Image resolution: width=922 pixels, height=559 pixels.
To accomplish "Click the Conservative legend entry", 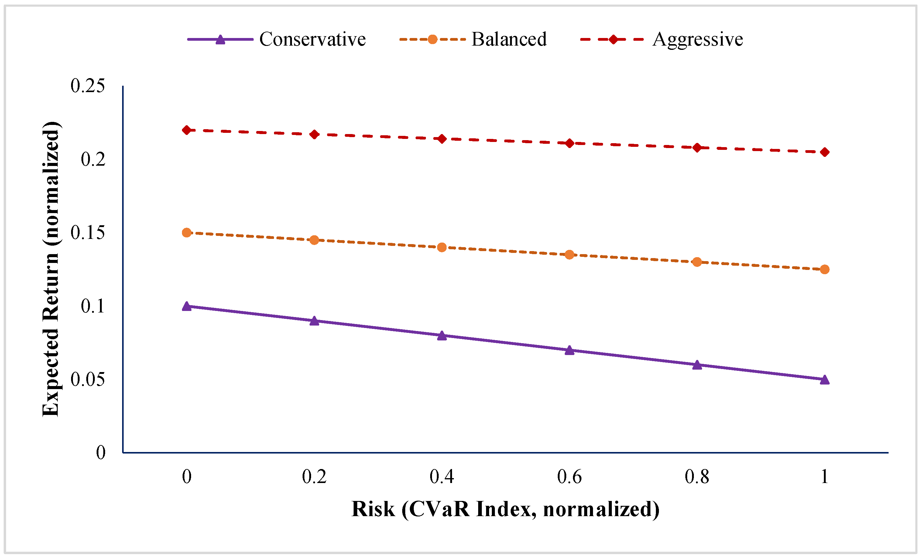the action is pos(276,39).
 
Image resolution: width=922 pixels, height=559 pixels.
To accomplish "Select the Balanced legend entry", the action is pos(473,39).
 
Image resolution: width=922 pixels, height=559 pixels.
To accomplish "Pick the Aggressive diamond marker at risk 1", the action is pos(825,152).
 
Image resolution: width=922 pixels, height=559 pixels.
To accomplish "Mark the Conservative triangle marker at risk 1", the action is pos(825,380).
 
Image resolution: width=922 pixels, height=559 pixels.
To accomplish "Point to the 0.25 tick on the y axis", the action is pos(87,86).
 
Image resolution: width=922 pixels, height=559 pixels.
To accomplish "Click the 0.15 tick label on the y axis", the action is pos(87,233).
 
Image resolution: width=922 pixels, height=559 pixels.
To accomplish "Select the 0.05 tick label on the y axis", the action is pos(87,379).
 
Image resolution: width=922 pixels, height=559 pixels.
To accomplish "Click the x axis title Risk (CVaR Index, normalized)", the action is pos(506,509).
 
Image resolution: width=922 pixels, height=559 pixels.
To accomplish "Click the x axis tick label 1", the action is pos(825,477).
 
